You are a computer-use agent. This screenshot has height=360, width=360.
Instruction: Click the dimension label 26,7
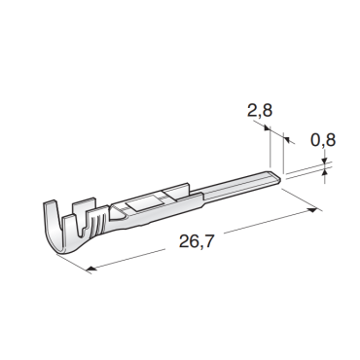click(197, 241)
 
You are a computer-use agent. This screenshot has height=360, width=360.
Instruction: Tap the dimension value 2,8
click(260, 110)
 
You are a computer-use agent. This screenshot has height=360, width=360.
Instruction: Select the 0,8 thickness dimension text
click(323, 140)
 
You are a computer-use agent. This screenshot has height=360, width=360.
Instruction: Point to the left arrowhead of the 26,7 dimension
click(91, 269)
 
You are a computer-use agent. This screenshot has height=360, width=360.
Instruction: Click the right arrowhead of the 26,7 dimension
click(312, 211)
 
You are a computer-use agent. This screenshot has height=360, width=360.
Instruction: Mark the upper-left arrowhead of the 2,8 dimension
click(267, 128)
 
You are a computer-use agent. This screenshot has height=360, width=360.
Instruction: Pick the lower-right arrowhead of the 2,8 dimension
click(287, 139)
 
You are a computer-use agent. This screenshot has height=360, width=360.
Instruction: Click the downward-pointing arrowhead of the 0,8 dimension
click(324, 162)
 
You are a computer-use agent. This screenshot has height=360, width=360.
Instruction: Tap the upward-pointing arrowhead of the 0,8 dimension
click(325, 173)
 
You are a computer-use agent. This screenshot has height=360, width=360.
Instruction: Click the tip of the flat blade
click(279, 178)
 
